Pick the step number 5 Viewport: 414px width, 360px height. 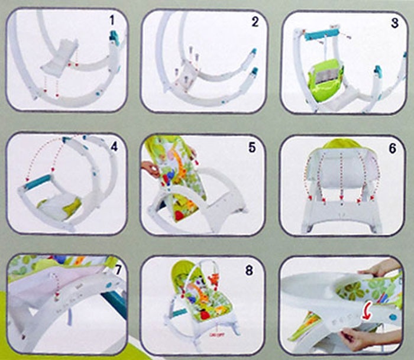pos(252,147)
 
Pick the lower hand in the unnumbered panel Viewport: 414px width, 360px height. pos(357,340)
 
